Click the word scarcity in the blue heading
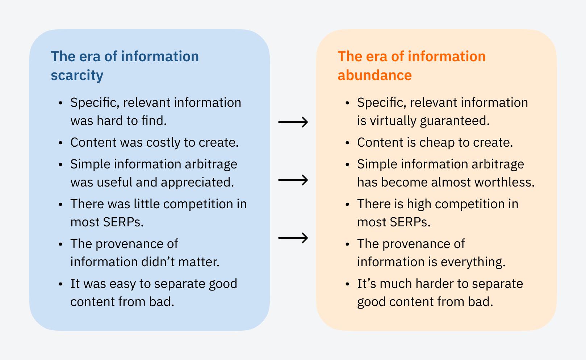[77, 75]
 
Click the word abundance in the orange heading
[374, 75]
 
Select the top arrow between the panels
[293, 122]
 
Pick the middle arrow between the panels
[293, 180]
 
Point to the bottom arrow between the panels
[293, 238]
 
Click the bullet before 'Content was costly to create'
[60, 143]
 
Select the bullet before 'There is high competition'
[347, 204]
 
